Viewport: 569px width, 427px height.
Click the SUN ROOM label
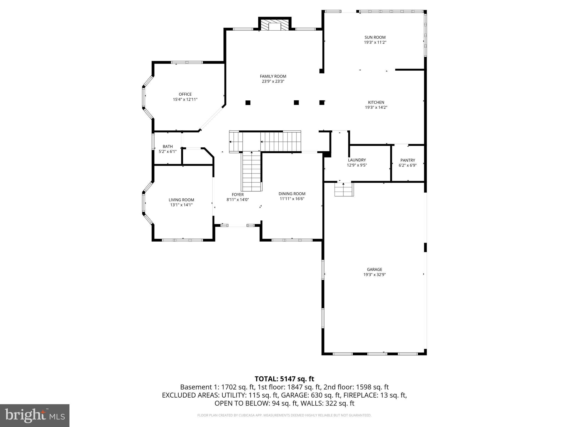point(375,37)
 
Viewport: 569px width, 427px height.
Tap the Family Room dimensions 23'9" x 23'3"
point(273,81)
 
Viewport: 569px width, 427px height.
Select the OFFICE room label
point(185,94)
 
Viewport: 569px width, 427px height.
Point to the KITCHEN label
point(376,102)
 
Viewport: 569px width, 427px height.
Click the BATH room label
point(168,147)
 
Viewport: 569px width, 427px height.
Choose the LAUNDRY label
point(357,160)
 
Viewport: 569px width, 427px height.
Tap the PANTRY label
point(408,160)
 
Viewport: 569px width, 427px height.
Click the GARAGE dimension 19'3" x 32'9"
point(375,275)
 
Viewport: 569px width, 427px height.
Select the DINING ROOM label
point(292,194)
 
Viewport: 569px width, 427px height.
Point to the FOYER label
point(238,195)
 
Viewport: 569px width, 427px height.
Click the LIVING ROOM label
point(181,200)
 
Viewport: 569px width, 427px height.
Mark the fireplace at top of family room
point(275,25)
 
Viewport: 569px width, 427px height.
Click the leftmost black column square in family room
point(248,103)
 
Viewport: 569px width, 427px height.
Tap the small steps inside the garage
point(344,190)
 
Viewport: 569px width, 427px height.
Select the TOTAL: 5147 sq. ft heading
point(284,379)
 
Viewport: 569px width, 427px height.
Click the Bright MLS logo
point(35,416)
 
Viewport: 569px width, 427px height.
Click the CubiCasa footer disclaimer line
point(284,415)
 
